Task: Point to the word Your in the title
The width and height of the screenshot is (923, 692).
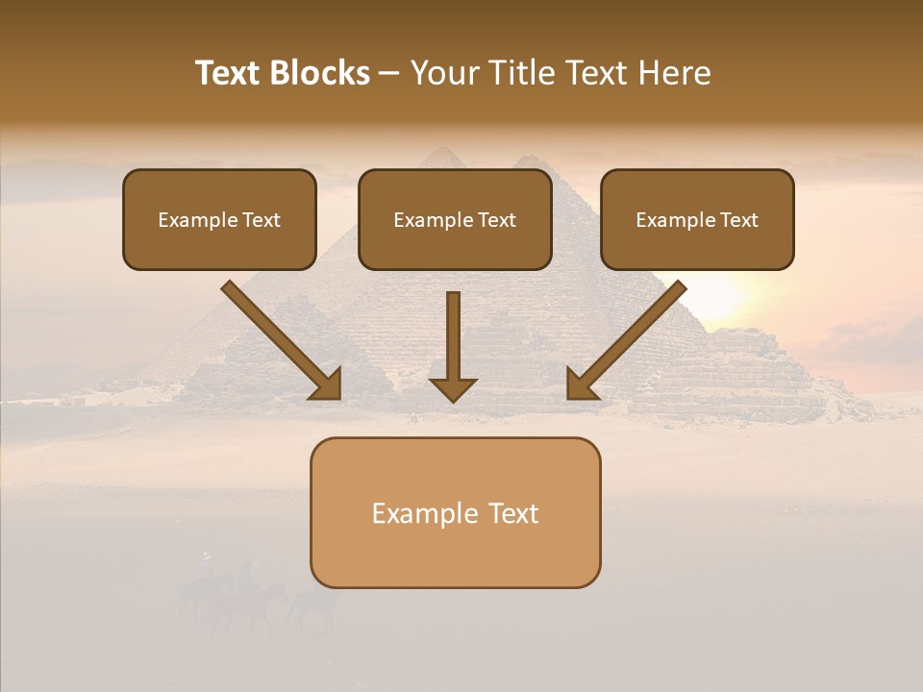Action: (445, 73)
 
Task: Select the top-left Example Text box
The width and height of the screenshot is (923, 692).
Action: (219, 219)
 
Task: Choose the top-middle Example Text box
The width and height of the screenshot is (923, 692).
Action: (455, 219)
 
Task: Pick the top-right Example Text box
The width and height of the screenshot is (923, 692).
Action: (697, 219)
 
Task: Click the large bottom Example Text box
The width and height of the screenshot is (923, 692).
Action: (455, 512)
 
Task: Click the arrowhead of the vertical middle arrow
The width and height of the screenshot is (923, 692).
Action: (453, 389)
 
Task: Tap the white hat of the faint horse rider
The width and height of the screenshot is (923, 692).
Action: (205, 556)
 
